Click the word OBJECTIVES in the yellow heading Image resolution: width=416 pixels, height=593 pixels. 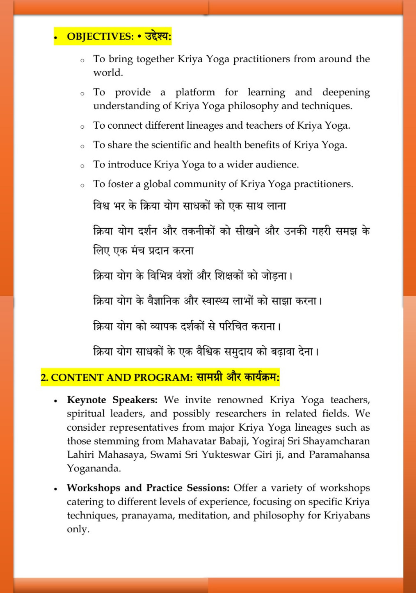click(x=100, y=36)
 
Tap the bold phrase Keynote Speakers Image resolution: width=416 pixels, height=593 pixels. click(x=112, y=400)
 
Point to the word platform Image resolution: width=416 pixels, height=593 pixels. click(x=195, y=93)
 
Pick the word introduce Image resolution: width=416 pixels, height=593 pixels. click(x=129, y=164)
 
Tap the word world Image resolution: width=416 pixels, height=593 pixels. click(x=108, y=73)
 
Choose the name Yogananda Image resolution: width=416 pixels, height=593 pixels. click(x=94, y=468)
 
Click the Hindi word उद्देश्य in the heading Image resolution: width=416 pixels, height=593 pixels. click(x=157, y=36)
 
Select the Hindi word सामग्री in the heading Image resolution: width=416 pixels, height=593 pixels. click(x=209, y=377)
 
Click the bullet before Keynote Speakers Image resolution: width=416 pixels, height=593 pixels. click(x=55, y=401)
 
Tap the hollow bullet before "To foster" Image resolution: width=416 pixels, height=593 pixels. click(x=82, y=185)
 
